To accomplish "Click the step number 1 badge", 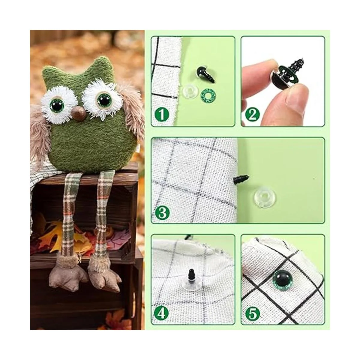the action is pyautogui.click(x=162, y=114).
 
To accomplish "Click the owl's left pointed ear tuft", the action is pyautogui.click(x=50, y=71).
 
